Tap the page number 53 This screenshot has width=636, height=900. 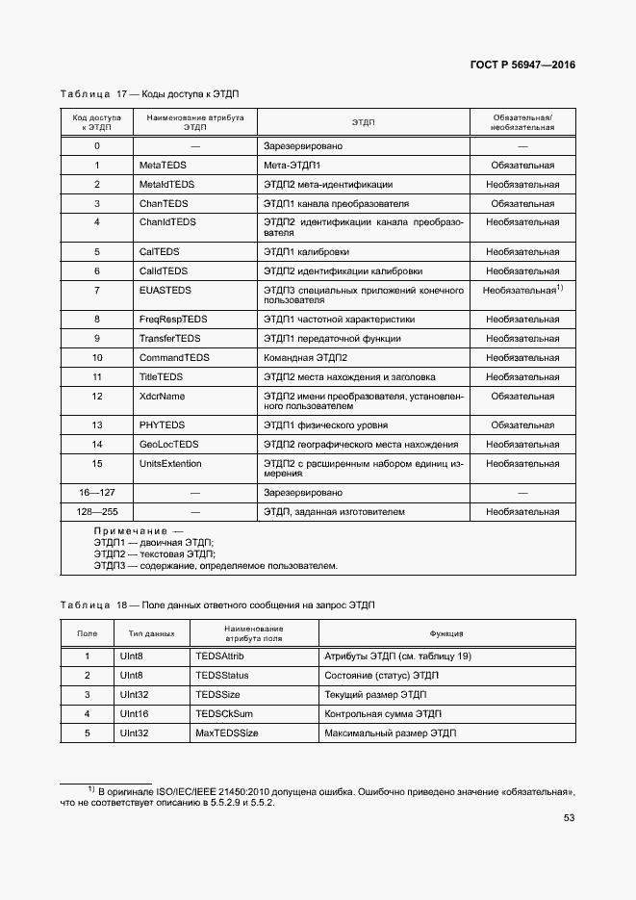click(569, 819)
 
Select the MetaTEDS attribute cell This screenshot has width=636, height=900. click(163, 166)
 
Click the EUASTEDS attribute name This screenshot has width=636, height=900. click(165, 290)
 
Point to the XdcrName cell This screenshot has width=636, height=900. click(163, 396)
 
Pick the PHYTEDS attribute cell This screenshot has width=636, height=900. click(163, 424)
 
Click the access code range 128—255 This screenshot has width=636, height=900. click(96, 511)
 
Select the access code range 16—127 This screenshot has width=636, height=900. click(96, 492)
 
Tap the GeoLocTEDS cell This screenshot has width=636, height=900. click(169, 444)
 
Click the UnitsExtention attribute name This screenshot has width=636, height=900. click(170, 463)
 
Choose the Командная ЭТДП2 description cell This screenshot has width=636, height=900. click(305, 357)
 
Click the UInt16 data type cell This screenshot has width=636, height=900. click(134, 713)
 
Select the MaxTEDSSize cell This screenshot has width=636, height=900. click(227, 733)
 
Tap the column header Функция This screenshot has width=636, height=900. click(446, 633)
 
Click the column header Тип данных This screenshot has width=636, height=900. click(151, 633)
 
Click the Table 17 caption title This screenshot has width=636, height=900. click(149, 94)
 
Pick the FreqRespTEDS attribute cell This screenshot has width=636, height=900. click(173, 319)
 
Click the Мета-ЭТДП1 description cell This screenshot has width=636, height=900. click(293, 166)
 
